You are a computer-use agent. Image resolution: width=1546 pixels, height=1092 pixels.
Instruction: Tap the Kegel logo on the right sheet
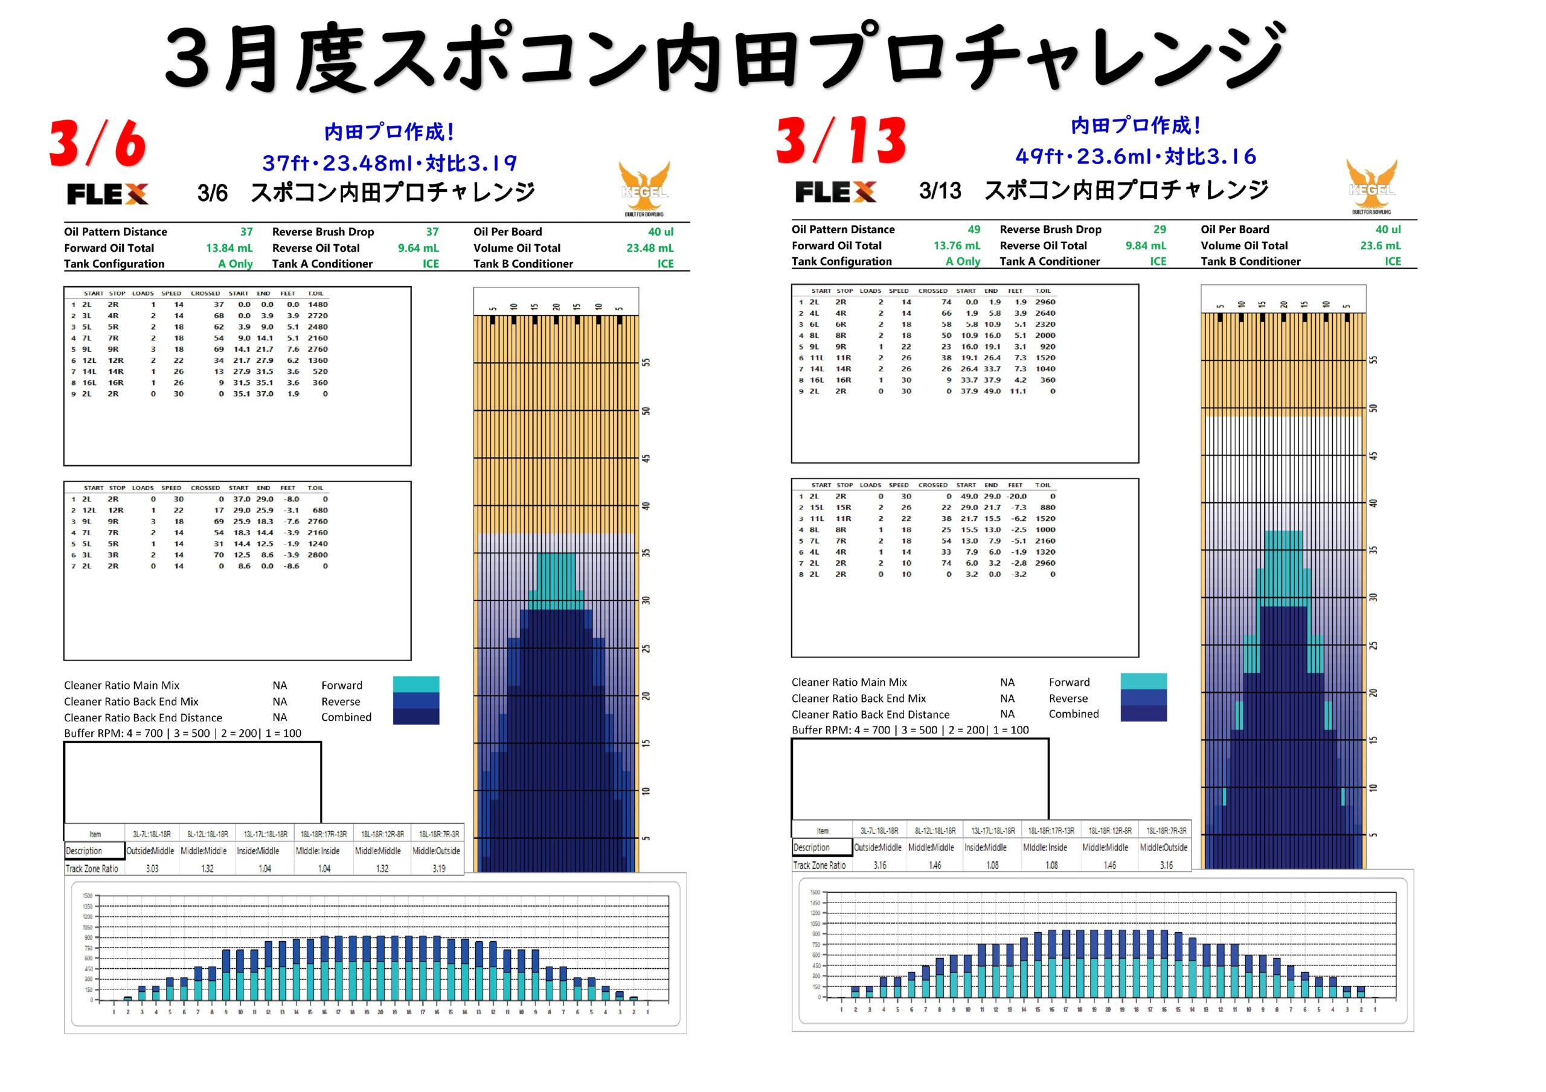[x=1371, y=187]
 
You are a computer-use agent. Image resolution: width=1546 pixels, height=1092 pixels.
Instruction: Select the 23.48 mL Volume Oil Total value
[x=650, y=247]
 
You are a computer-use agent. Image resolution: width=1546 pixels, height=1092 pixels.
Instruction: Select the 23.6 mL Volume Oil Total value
[x=1380, y=246]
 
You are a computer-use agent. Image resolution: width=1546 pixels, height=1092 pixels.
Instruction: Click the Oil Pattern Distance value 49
[x=973, y=229]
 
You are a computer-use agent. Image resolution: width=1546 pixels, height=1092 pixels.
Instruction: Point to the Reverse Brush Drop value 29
[x=1159, y=229]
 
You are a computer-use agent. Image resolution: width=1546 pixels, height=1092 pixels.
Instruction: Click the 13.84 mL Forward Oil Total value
[x=229, y=247]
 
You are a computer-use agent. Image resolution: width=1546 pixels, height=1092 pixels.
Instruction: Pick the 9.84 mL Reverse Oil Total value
[x=1146, y=246]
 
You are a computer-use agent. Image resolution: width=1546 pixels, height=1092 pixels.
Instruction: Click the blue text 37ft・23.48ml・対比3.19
[x=389, y=163]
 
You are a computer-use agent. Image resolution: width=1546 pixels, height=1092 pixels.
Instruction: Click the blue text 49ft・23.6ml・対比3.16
[x=1135, y=157]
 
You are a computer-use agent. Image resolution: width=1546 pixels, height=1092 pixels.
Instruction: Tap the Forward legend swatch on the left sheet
[x=416, y=685]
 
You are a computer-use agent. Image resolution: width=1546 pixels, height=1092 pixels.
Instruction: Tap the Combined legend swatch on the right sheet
[x=1143, y=714]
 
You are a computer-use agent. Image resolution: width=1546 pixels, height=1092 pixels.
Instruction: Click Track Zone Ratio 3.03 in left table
[x=152, y=869]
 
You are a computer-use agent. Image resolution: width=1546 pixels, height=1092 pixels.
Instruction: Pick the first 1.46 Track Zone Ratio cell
[x=935, y=865]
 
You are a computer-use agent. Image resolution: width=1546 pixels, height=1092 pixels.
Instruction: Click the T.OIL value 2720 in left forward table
[x=318, y=316]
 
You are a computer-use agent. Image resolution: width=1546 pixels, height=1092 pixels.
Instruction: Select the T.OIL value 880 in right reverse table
[x=1048, y=508]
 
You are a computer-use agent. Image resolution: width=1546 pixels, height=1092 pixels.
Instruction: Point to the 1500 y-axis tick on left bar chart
[x=88, y=896]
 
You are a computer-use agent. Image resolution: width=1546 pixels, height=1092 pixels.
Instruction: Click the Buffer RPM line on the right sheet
[x=909, y=730]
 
